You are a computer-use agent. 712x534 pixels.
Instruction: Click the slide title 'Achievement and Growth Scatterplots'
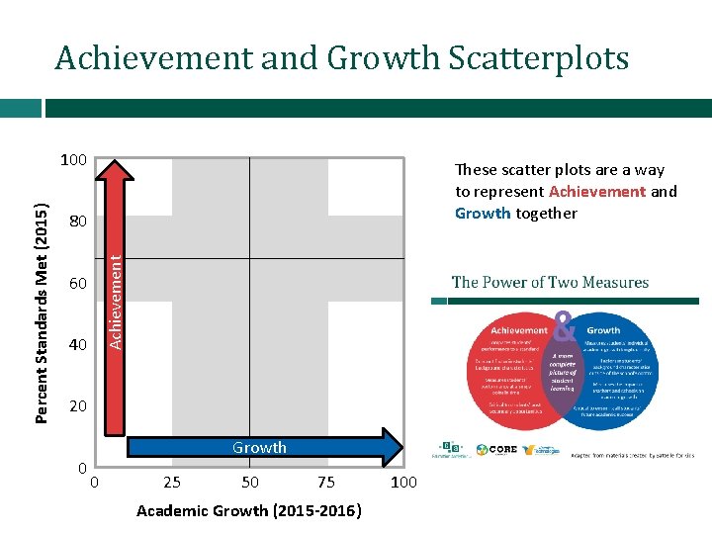coord(341,58)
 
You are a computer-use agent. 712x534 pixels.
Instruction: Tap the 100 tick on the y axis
coord(73,159)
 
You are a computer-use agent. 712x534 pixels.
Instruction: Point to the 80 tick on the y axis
coord(78,222)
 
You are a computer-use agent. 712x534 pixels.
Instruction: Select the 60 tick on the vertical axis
coord(78,284)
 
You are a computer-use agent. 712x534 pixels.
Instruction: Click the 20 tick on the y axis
coord(78,406)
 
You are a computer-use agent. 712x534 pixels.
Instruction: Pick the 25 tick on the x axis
coord(171,483)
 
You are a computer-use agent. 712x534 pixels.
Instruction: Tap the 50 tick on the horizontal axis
coord(250,483)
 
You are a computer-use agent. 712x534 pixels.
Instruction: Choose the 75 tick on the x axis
coord(326,483)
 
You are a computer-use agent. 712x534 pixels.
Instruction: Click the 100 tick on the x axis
coord(403,483)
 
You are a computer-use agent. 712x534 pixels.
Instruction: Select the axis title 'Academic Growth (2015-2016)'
coord(248,511)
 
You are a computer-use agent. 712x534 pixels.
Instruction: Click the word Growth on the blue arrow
coord(259,447)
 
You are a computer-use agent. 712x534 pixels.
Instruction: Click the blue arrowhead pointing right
coord(393,447)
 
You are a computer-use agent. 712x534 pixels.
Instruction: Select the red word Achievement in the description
coord(597,191)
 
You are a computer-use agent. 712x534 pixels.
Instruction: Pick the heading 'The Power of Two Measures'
coord(550,282)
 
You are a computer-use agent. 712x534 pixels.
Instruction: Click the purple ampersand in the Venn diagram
coord(564,323)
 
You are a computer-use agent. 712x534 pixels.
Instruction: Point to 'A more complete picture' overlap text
coord(563,369)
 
